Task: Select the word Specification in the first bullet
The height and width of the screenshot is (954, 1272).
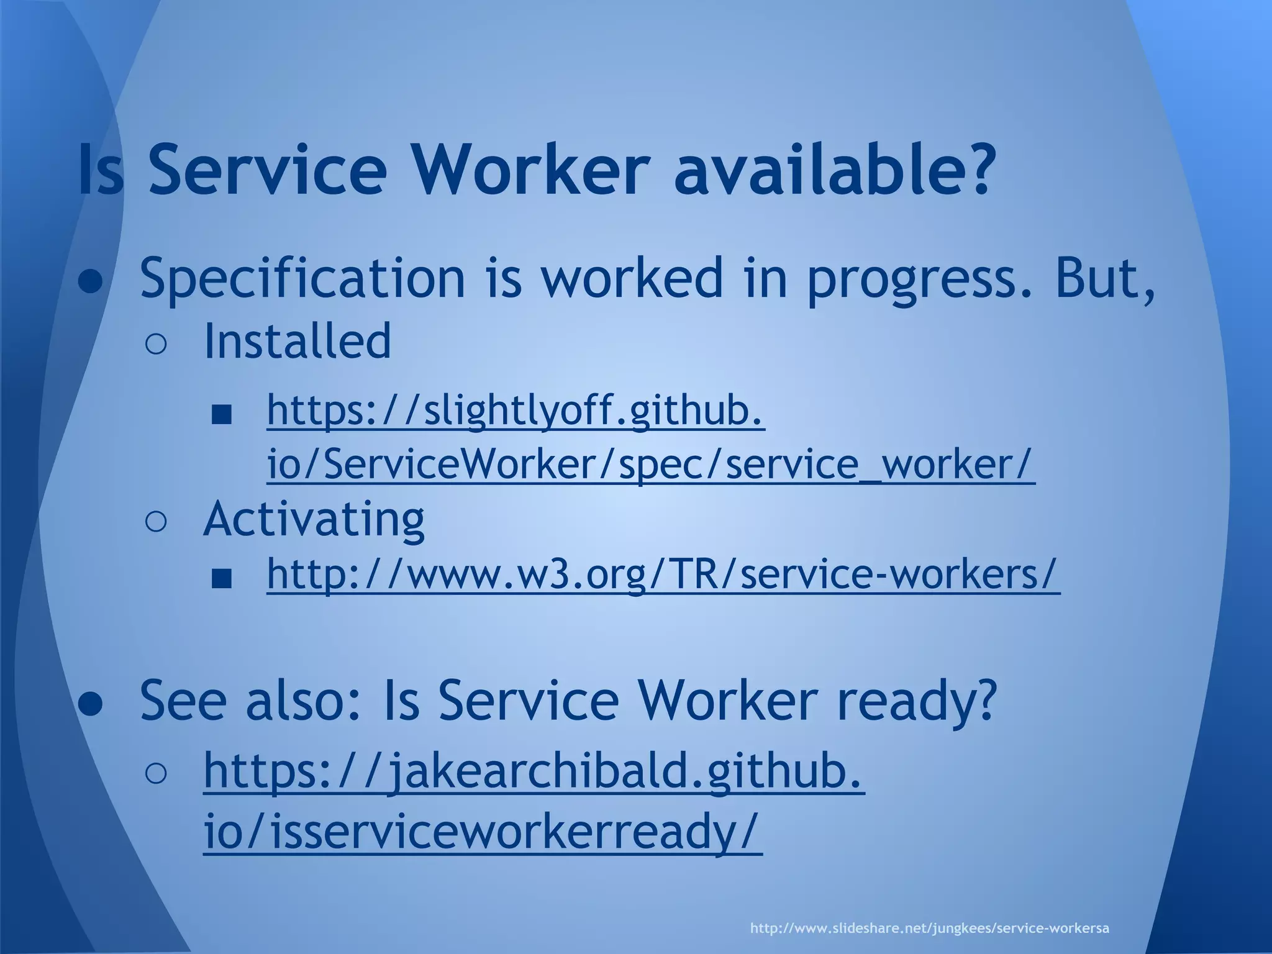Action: point(302,278)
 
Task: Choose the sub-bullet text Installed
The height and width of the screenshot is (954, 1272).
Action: point(298,341)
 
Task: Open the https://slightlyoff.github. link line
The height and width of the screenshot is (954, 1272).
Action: point(516,411)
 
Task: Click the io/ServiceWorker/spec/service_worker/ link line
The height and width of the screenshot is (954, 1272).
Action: point(650,464)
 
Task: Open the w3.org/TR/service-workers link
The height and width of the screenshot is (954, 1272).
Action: point(663,575)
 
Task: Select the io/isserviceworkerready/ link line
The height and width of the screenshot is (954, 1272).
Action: point(482,832)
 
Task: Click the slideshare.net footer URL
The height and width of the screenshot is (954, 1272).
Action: point(930,929)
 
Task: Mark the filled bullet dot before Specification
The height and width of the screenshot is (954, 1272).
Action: point(91,283)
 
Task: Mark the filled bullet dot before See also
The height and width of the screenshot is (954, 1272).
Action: point(91,706)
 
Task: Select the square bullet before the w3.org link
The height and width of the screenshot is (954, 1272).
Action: point(221,579)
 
